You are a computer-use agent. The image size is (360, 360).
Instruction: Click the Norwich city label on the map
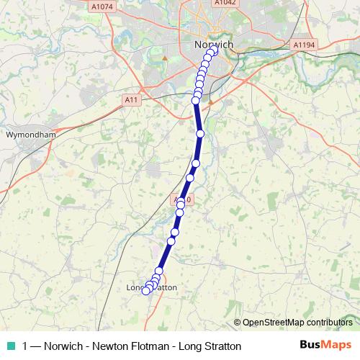(x=214, y=45)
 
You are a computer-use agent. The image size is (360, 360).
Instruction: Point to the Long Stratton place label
(x=152, y=287)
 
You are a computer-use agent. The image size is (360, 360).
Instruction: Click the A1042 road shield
(x=225, y=3)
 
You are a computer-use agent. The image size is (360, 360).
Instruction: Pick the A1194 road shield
(x=305, y=45)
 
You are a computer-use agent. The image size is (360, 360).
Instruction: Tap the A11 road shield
(x=130, y=99)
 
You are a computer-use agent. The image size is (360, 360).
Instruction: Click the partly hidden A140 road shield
(x=183, y=198)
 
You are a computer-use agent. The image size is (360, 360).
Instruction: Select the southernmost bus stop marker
(x=145, y=291)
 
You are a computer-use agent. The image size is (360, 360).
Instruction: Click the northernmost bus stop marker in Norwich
(x=213, y=51)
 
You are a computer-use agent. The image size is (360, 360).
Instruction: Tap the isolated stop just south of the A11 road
(x=200, y=133)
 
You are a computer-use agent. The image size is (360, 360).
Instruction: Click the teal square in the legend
(x=12, y=345)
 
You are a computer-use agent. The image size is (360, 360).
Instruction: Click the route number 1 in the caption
(x=26, y=346)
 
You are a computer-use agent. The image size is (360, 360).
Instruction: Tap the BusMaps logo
(x=325, y=345)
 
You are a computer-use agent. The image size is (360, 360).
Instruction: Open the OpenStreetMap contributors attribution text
(x=297, y=323)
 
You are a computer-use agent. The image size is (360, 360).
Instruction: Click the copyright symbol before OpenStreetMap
(x=238, y=323)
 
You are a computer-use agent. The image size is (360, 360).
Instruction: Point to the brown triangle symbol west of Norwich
(x=165, y=57)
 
